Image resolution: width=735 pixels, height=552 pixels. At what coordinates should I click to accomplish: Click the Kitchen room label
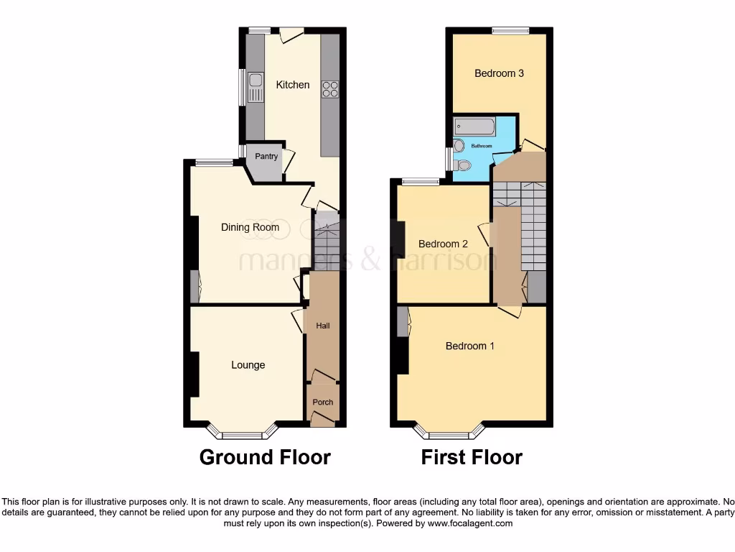(293, 85)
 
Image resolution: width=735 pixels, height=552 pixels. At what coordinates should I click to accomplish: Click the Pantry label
(266, 157)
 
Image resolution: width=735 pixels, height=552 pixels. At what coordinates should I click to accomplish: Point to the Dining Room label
(250, 228)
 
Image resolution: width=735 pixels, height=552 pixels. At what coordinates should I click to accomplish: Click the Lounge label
(248, 365)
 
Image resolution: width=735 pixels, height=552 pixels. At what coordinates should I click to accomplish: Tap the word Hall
(323, 326)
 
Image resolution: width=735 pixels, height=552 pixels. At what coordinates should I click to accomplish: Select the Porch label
(323, 402)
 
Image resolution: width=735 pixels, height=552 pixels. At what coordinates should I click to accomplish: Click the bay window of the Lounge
(243, 434)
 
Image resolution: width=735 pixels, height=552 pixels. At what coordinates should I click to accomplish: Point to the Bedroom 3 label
(499, 73)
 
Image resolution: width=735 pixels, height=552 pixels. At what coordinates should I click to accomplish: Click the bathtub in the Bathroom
(474, 128)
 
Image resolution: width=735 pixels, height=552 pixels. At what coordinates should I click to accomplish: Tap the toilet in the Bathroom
(463, 165)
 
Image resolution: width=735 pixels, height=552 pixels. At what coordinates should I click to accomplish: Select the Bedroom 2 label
(443, 244)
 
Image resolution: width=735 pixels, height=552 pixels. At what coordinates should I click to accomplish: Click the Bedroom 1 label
(469, 346)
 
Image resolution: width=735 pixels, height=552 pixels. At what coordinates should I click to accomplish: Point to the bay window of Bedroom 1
(449, 434)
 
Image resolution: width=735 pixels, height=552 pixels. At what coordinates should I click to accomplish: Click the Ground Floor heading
(265, 457)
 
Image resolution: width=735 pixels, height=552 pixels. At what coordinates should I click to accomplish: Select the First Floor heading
(472, 457)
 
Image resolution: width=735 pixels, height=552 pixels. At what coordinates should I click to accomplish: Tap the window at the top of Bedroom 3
(510, 30)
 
